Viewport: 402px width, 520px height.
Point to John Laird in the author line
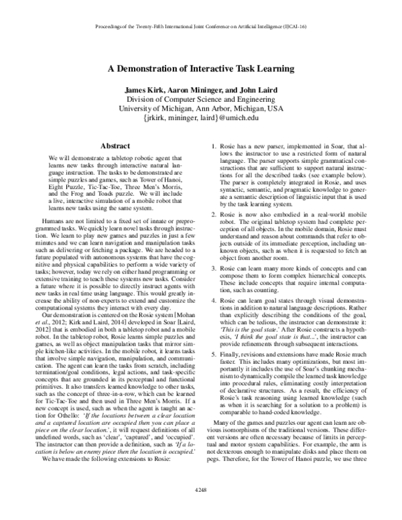[244, 89]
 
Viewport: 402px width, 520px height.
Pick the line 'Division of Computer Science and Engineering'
[201, 99]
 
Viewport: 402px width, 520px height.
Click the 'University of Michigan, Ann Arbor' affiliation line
[201, 108]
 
